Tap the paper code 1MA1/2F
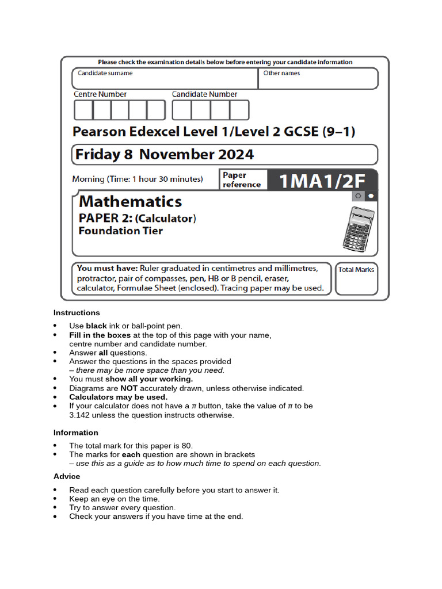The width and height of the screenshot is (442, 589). [x=322, y=181]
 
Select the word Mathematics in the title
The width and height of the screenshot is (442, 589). [x=130, y=201]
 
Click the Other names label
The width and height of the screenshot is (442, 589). [x=281, y=73]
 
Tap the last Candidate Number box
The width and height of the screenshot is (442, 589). [x=239, y=110]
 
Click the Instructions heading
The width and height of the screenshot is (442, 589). [x=77, y=313]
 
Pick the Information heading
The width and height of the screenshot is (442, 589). [x=76, y=433]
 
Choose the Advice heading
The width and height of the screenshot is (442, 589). [x=67, y=476]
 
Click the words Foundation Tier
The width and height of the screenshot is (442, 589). [x=120, y=231]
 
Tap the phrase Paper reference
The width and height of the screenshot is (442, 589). [x=242, y=179]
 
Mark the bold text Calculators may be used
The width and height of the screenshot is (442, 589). [x=119, y=397]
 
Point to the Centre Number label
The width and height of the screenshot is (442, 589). [x=100, y=94]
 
